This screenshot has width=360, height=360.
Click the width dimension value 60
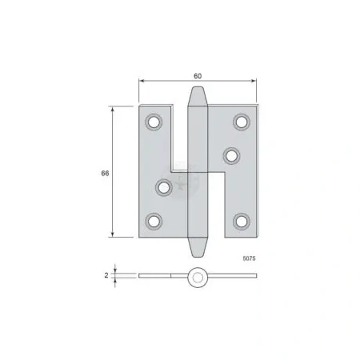pos(198,76)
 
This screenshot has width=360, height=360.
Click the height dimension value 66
pos(105,174)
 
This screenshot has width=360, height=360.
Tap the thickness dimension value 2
pos(106,275)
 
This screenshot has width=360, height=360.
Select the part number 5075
pos(249,258)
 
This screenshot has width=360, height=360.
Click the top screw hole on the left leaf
pos(154,122)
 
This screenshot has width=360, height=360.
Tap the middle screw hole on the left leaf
pos(164,187)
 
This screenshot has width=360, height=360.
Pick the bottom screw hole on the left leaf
pos(154,222)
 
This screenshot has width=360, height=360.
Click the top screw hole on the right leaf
pos(242,122)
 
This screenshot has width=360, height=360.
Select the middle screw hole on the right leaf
pos(231,156)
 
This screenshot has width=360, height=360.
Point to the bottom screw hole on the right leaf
pos(242,222)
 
